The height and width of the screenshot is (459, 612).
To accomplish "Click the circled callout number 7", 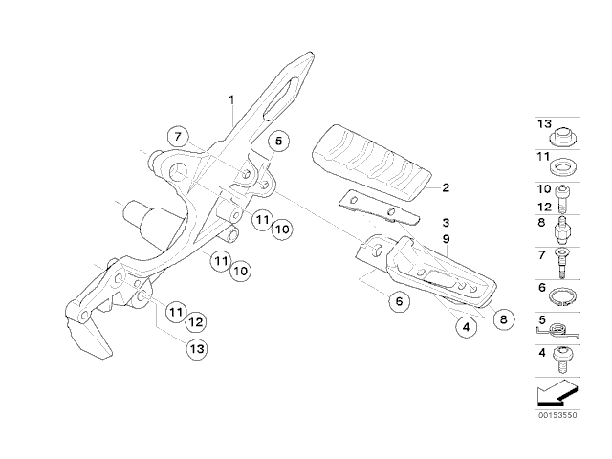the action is [178, 137].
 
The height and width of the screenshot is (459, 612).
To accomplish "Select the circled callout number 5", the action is [278, 141].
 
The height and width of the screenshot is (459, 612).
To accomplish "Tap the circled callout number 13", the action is [196, 348].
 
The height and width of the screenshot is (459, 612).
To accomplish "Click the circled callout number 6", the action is [399, 301].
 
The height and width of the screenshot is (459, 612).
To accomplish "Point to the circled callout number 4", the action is [466, 327].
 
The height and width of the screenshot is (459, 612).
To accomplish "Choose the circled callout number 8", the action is [504, 319].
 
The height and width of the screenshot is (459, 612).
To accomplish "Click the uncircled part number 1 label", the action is [231, 99].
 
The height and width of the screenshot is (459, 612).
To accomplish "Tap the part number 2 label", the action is [446, 187].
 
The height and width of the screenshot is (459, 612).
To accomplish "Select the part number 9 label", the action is [447, 239].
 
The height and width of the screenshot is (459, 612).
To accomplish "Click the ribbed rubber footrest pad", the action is [372, 163].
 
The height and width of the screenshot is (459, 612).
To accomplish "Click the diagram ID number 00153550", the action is [557, 415].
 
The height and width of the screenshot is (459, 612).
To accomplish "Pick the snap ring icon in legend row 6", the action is [563, 297].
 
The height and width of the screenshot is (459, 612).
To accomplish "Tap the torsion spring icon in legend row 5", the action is [558, 331].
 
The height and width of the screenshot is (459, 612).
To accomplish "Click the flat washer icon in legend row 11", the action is [563, 168].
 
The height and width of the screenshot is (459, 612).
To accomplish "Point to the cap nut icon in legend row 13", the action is [563, 137].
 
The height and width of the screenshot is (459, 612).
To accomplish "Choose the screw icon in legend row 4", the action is [562, 360].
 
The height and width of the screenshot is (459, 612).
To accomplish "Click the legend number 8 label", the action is [541, 223].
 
